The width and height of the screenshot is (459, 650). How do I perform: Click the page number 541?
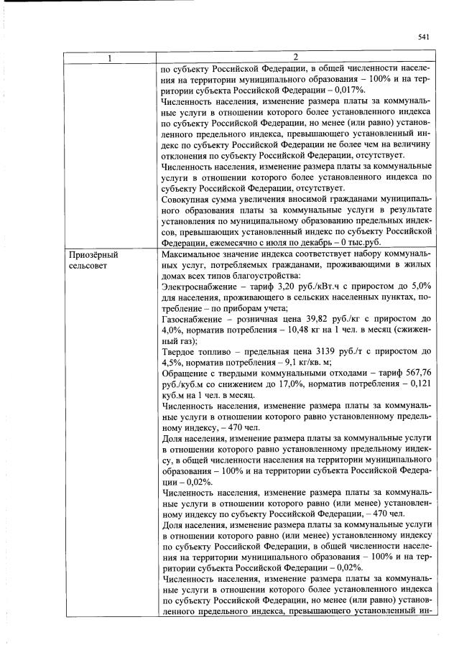423,38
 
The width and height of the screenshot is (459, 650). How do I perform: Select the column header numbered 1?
109,58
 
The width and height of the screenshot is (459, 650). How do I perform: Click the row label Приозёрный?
93,255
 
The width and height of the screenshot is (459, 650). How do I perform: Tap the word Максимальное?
197,255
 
